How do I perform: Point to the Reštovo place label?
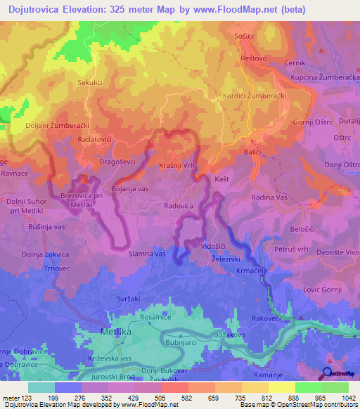tap(254, 58)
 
